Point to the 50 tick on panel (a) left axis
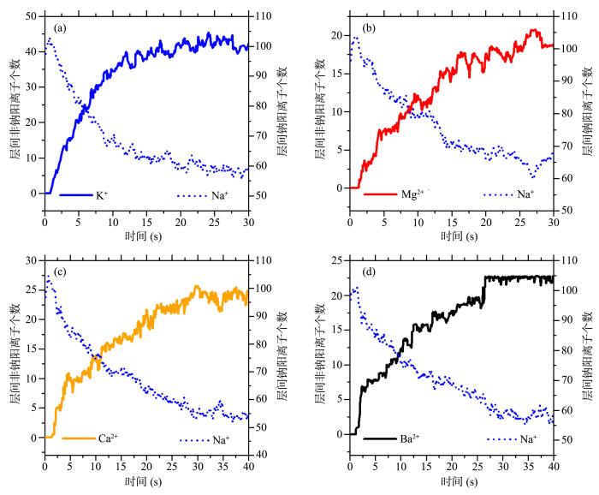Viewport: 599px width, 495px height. (31, 16)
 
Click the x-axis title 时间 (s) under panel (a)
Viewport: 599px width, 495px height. (146, 235)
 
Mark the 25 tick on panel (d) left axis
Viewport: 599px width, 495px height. (337, 259)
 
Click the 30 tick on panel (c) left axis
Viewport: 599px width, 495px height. (31, 259)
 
